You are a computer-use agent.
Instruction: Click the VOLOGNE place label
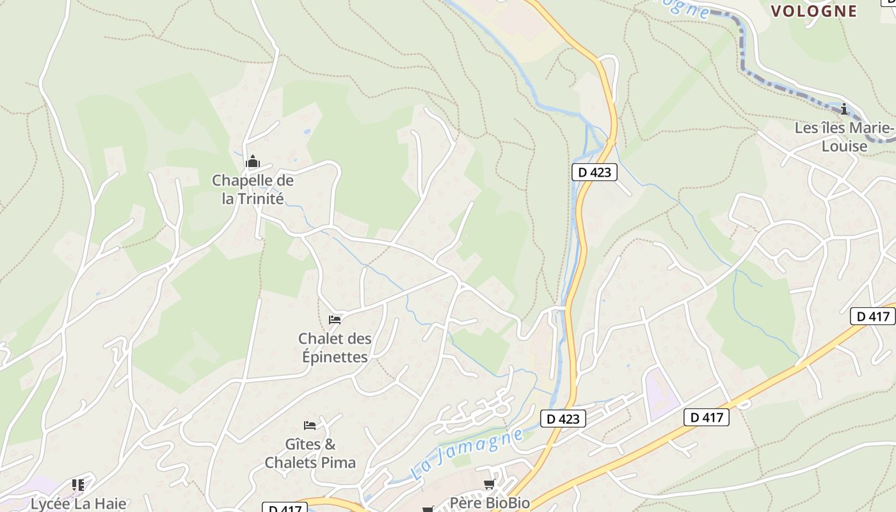click(x=813, y=11)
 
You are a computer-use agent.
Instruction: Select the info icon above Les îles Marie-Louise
click(x=844, y=109)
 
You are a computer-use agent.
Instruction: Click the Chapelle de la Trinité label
click(x=253, y=189)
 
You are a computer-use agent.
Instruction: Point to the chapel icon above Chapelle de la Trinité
click(x=253, y=161)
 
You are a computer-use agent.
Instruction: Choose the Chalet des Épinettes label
click(x=335, y=347)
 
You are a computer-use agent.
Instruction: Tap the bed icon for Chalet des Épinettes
click(x=335, y=319)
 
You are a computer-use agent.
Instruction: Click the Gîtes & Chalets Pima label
click(x=310, y=452)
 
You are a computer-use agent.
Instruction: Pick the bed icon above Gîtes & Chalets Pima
click(x=310, y=425)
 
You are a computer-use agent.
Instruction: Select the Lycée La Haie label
click(x=78, y=503)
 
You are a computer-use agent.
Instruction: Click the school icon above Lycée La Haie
click(x=78, y=484)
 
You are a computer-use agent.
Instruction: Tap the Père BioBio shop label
click(x=490, y=502)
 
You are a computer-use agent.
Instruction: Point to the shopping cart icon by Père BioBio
click(x=490, y=484)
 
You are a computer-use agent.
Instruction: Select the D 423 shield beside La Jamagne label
click(x=563, y=419)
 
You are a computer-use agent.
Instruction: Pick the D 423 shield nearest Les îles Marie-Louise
click(x=594, y=172)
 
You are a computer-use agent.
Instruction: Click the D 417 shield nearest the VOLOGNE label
click(x=873, y=316)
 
